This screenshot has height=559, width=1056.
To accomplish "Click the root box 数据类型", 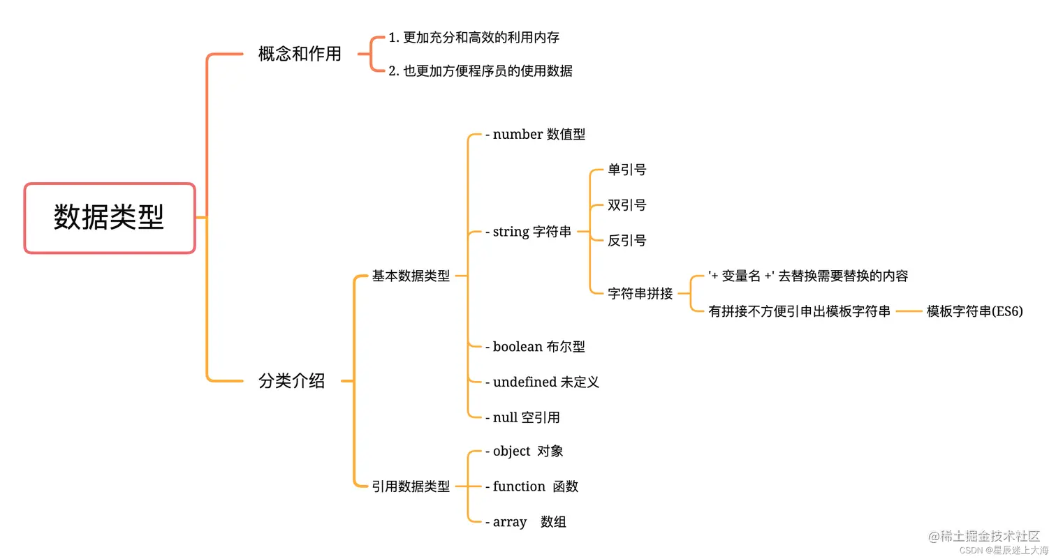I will [110, 218].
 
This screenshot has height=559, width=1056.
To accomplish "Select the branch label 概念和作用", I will [300, 54].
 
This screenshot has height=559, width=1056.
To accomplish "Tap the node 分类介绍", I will [292, 381].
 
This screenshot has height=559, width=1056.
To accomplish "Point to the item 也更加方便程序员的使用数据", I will [487, 70].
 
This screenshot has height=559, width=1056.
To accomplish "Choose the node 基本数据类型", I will [411, 276].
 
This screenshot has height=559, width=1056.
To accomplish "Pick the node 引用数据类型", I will [411, 486].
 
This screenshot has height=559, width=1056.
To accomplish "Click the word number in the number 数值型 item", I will [518, 135].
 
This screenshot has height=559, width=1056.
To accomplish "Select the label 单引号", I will [627, 170].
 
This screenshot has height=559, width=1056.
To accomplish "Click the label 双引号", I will [627, 205].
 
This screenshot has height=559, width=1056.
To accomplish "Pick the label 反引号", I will [627, 241].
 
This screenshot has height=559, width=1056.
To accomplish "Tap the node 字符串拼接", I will [640, 294].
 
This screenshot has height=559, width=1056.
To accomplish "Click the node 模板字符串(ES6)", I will [974, 311].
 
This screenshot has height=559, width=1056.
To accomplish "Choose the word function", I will [519, 486].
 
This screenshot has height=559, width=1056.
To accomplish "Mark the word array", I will [510, 522].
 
